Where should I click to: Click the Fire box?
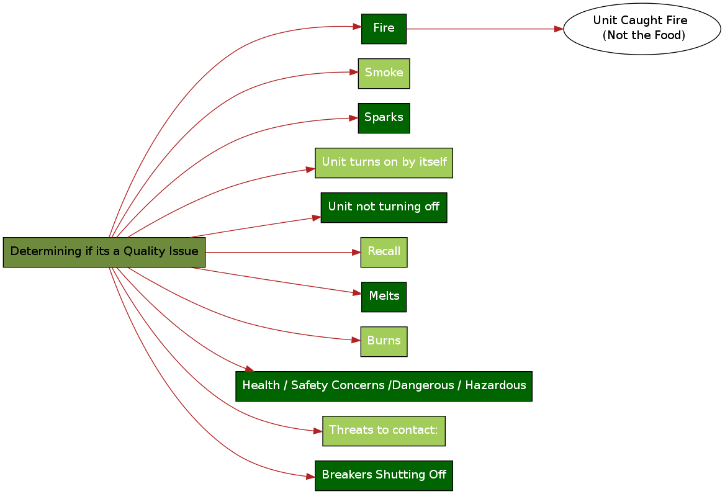click(x=384, y=29)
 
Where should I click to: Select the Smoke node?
click(x=384, y=73)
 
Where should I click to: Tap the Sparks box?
click(x=384, y=118)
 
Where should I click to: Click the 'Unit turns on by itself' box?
click(x=384, y=163)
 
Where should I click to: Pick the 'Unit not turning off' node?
click(x=384, y=207)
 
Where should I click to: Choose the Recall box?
click(x=384, y=252)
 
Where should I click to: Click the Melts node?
click(x=384, y=297)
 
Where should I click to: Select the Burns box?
click(x=384, y=341)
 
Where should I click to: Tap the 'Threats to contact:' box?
click(x=384, y=431)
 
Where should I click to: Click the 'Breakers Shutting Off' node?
click(x=384, y=475)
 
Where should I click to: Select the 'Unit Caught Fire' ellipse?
click(x=642, y=29)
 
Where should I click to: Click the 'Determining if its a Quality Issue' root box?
click(x=104, y=252)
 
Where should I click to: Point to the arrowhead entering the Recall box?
click(x=356, y=253)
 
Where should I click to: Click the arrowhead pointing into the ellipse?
click(x=559, y=29)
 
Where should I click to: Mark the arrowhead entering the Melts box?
click(x=357, y=292)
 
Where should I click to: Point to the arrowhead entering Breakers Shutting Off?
click(x=310, y=477)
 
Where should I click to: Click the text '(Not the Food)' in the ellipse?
click(x=644, y=35)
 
